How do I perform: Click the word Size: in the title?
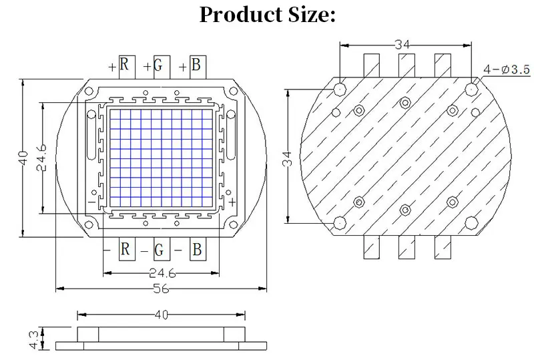312,15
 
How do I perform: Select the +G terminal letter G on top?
158,65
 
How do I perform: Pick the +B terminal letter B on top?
196,64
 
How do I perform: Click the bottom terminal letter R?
125,249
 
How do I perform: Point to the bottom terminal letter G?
159,250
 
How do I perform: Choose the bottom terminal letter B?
197,249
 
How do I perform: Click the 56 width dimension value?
161,289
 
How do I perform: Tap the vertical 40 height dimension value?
23,158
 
